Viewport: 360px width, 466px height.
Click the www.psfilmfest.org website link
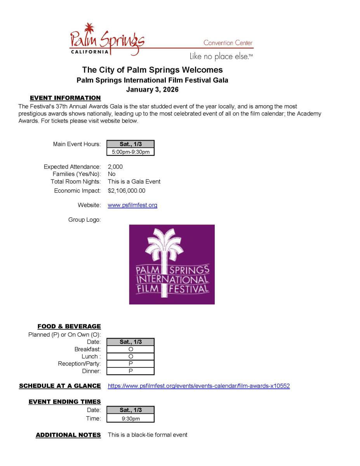(x=132, y=205)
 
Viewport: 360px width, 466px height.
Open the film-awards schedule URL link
(x=198, y=386)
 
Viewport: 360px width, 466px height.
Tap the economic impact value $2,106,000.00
(x=127, y=191)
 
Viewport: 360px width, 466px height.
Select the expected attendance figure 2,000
(x=115, y=167)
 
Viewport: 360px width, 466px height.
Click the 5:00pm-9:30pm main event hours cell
(x=130, y=152)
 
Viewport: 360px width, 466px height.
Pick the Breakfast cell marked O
(x=130, y=349)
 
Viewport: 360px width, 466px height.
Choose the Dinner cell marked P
(x=130, y=371)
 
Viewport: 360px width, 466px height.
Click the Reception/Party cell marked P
(x=130, y=364)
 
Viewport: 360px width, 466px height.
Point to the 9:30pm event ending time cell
(x=130, y=419)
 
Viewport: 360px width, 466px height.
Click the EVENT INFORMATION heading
(x=65, y=98)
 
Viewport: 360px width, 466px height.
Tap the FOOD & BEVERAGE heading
(x=69, y=326)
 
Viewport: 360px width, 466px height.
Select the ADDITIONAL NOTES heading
(x=68, y=435)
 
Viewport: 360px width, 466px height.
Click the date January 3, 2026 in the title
(x=152, y=90)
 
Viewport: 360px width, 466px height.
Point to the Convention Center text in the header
(x=228, y=43)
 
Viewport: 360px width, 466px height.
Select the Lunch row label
(x=91, y=356)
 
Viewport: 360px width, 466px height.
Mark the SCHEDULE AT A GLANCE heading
(x=60, y=386)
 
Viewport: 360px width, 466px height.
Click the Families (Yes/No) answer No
(x=112, y=174)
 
